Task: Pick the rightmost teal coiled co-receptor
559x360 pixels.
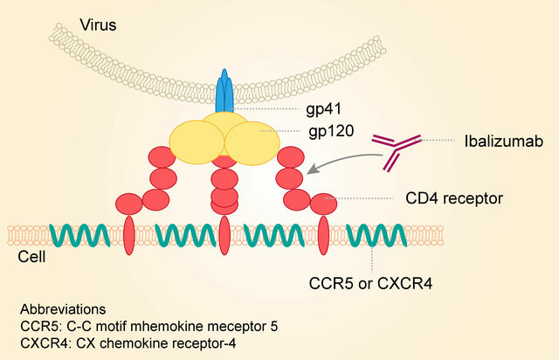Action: coord(376,237)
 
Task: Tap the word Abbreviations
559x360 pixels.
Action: coord(63,309)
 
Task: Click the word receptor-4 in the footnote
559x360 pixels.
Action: coord(204,342)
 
